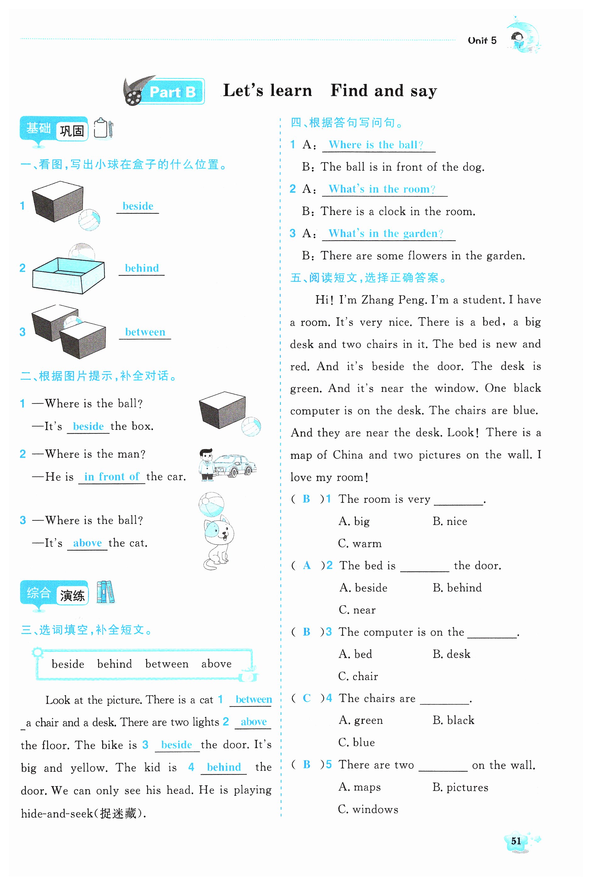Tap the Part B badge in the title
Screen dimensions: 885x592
172,92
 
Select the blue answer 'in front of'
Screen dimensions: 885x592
112,477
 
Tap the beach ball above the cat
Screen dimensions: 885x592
211,504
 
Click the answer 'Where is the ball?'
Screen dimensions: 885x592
376,145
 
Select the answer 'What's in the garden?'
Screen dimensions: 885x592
385,234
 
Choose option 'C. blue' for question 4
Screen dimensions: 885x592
357,743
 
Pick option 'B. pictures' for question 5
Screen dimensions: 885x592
460,788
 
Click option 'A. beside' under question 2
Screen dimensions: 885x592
363,588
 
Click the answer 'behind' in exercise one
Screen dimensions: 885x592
142,268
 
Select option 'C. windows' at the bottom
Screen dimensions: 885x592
368,810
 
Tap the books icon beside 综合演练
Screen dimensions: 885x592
105,592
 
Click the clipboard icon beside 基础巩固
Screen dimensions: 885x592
103,128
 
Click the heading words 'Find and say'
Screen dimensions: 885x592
384,91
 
